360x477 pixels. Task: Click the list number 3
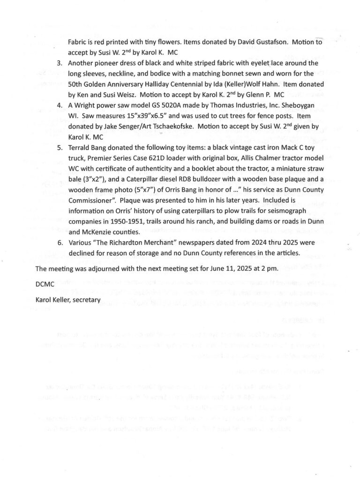click(x=60, y=63)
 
